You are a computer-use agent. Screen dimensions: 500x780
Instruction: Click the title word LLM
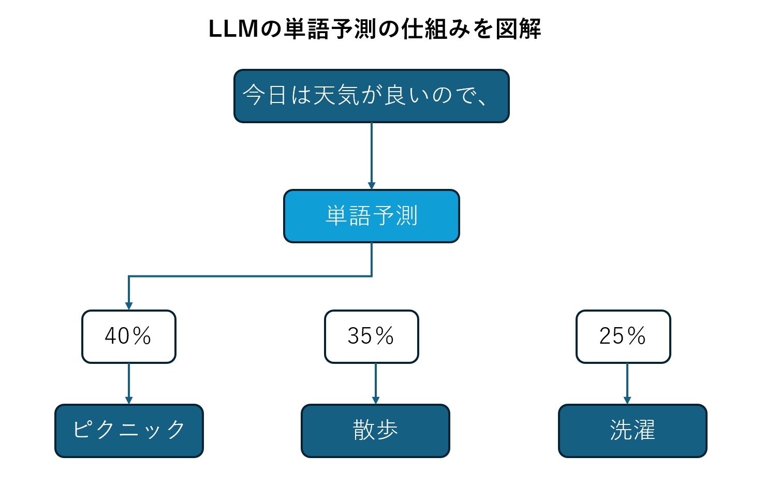233,29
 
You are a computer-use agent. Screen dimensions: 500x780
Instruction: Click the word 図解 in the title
518,29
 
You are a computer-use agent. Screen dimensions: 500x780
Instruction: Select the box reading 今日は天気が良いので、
371,96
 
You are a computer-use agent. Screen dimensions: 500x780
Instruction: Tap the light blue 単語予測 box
371,216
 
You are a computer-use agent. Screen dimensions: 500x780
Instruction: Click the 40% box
128,336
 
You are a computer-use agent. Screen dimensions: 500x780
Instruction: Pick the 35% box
371,336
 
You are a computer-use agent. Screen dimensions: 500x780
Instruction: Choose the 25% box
623,336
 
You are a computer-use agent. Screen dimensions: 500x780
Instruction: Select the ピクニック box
129,431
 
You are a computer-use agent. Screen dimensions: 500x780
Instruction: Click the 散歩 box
375,431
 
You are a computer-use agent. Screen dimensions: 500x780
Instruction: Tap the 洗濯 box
632,431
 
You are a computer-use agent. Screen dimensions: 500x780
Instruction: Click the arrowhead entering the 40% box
129,306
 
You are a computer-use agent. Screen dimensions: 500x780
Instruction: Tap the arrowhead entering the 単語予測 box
372,186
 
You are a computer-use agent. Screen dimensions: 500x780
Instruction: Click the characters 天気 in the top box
337,95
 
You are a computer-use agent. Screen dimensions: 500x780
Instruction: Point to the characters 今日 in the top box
265,95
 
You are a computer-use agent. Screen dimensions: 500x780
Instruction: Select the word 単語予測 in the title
330,29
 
